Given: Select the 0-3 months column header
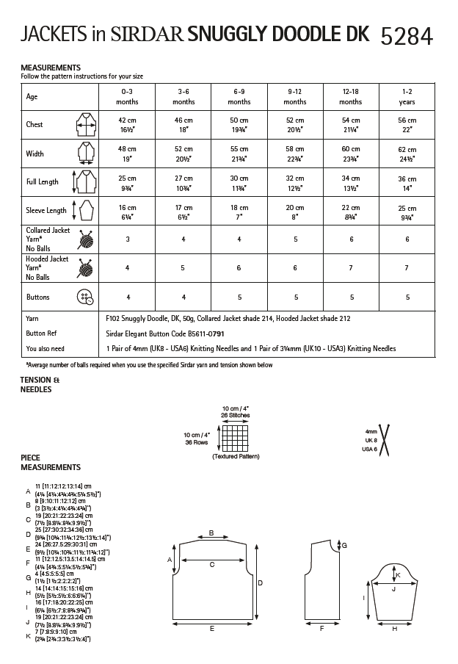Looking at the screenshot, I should pos(127,96).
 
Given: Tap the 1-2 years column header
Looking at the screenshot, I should pos(407,96).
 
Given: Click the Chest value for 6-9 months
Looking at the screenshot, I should pos(239,125).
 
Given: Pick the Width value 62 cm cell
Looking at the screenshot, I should pos(407,154).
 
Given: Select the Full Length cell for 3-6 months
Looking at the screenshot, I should pos(183,182).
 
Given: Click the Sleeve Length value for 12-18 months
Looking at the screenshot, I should pos(351,211).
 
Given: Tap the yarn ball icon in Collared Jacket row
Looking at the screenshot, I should pos(86,239).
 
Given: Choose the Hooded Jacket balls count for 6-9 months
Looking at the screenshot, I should pos(239,269).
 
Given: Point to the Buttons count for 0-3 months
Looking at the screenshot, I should pos(127,297).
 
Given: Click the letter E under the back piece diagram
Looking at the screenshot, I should pos(211,629).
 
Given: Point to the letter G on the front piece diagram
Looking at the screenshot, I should pos(345,545).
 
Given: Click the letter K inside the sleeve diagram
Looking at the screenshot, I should pos(397,575).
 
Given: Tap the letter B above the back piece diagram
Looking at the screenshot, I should pos(211,533).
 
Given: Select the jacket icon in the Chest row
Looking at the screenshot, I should pos(84,125).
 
